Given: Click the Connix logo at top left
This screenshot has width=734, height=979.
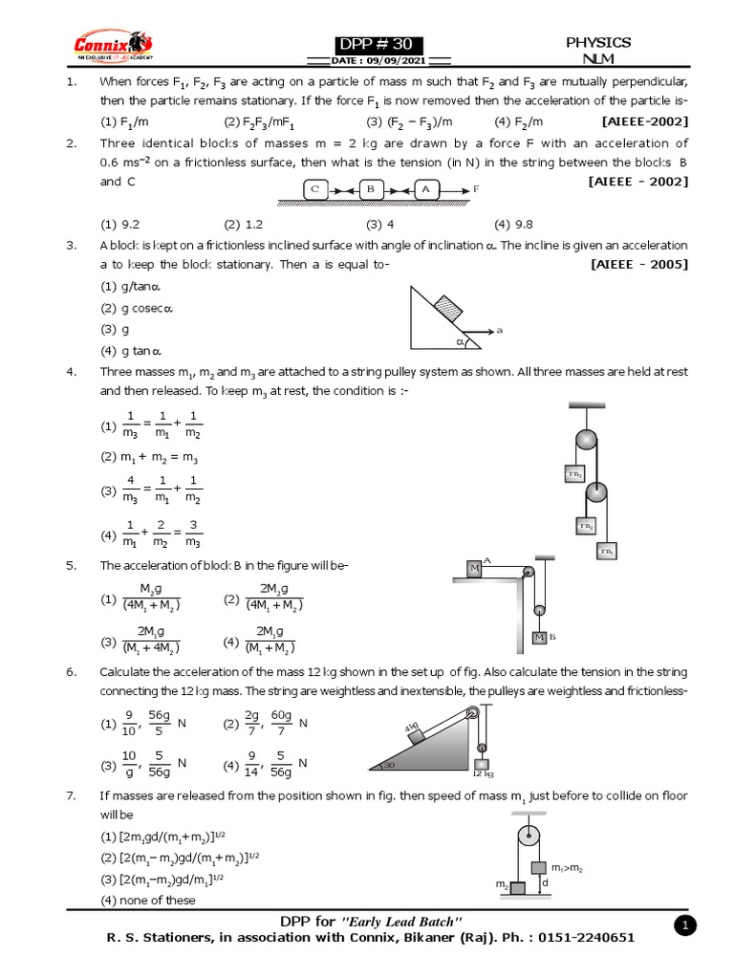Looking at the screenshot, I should [x=113, y=45].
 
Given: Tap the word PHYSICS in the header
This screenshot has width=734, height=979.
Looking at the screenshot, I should [x=598, y=42].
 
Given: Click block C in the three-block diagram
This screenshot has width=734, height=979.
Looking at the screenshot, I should [x=316, y=190].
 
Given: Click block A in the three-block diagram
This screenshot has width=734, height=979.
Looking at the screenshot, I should [x=426, y=190].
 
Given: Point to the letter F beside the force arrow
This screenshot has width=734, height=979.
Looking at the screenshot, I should [x=476, y=190].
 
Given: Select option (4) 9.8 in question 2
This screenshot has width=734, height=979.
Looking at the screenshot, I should [x=512, y=225].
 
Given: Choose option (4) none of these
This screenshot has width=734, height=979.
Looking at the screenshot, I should [x=148, y=900].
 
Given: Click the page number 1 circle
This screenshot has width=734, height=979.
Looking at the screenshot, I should [x=684, y=925].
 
